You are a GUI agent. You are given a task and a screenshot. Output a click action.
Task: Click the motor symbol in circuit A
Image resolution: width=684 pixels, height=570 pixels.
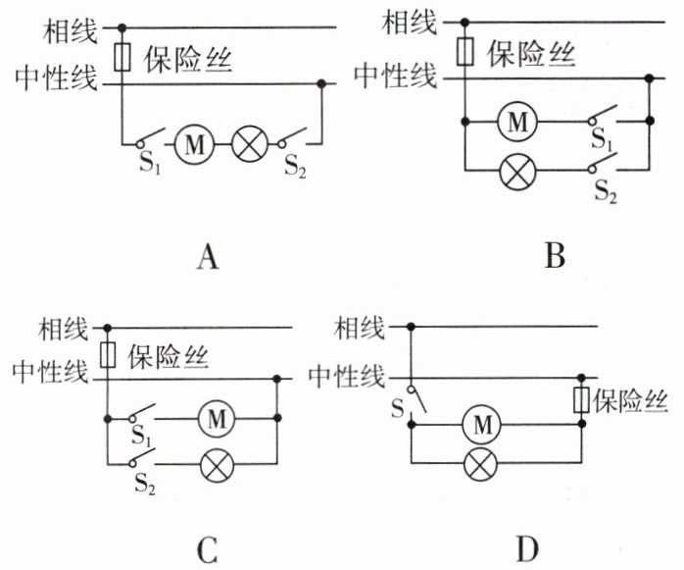pyautogui.click(x=193, y=146)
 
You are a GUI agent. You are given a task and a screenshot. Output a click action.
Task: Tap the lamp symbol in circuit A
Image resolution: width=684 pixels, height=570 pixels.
pyautogui.click(x=249, y=146)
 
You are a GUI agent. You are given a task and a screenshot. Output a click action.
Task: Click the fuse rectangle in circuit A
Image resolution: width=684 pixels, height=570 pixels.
pyautogui.click(x=122, y=56)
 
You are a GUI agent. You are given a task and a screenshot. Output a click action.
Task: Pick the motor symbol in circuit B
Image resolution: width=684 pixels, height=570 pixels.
pyautogui.click(x=518, y=123)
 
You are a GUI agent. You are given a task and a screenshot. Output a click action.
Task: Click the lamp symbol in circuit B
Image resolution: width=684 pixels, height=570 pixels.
pyautogui.click(x=518, y=174)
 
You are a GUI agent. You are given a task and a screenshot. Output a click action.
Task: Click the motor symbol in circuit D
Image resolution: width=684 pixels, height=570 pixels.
pyautogui.click(x=482, y=425)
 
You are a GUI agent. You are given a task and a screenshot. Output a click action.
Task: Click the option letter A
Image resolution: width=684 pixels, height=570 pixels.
pyautogui.click(x=207, y=258)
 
